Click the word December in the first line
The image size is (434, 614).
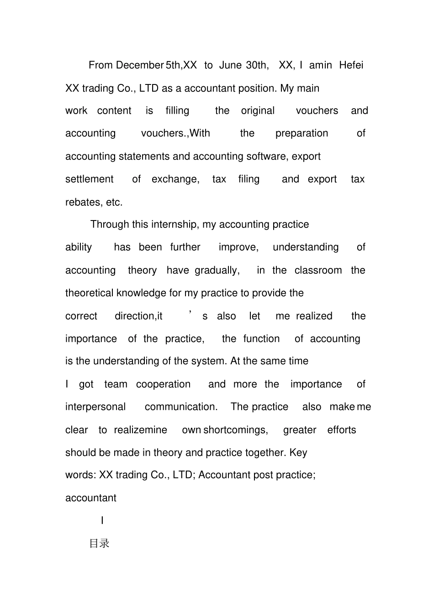[139, 65]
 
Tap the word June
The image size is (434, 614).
[230, 65]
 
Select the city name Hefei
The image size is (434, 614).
[351, 65]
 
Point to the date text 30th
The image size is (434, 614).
[257, 65]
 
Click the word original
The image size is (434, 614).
[258, 111]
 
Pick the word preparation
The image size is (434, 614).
[302, 133]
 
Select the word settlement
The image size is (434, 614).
[89, 179]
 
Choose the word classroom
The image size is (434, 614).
[318, 270]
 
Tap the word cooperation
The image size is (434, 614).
[163, 384]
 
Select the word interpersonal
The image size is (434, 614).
[95, 407]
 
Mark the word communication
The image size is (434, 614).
[181, 407]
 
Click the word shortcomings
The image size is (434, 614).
[235, 430]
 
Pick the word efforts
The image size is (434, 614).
[341, 430]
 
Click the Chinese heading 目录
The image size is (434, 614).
[99, 544]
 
